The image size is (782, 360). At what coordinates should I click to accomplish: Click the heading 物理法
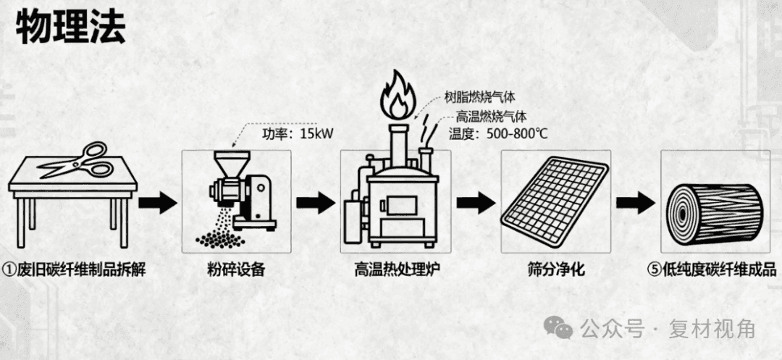click(70, 28)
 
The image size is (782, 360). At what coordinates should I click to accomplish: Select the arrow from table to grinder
click(157, 203)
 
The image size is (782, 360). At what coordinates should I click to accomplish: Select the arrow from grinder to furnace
click(316, 203)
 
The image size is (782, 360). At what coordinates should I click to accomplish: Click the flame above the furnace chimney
click(398, 96)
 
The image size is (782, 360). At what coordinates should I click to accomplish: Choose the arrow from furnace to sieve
click(475, 203)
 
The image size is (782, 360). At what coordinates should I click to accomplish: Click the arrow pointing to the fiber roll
click(635, 203)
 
